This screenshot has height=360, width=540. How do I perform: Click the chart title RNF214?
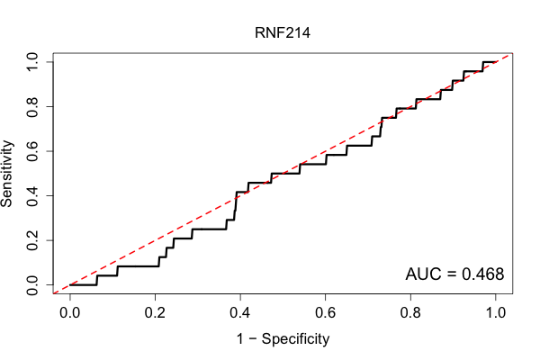tap(283, 32)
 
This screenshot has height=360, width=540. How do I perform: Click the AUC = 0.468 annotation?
tap(454, 274)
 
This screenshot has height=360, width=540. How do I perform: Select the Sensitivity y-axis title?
tap(6, 174)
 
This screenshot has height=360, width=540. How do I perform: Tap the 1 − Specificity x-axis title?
tap(283, 339)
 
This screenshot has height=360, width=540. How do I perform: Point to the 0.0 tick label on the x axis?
tap(70, 313)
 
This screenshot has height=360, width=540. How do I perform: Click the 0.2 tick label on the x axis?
tap(155, 313)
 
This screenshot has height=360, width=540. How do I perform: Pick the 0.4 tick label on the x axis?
tap(240, 313)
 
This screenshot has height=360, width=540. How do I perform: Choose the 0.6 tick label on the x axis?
tap(325, 313)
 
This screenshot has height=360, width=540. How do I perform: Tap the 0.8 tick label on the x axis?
tap(410, 313)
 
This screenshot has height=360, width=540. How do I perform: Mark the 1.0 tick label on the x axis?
tap(496, 313)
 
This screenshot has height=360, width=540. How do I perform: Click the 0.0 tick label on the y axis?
tap(32, 285)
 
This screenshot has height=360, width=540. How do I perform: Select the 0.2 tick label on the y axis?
tap(32, 240)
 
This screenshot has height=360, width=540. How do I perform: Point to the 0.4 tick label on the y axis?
tap(32, 195)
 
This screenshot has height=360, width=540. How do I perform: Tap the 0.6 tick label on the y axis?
tap(32, 151)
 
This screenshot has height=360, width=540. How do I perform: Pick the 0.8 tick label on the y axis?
tap(32, 107)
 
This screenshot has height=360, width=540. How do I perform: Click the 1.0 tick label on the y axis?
tap(32, 62)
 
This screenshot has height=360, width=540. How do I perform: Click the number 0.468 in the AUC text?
tap(482, 274)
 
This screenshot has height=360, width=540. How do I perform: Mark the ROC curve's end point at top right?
tap(496, 62)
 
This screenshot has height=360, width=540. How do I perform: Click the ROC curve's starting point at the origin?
tap(70, 285)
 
